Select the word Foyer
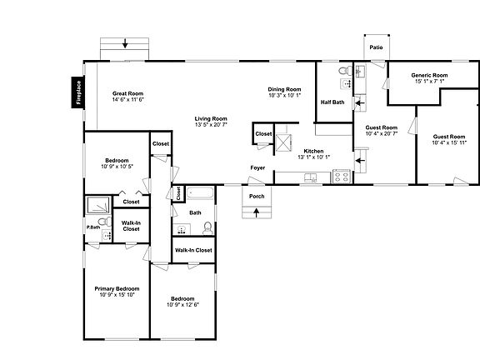tap(258, 168)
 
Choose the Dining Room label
tap(284, 89)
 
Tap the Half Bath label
tap(332, 102)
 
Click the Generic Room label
tap(429, 76)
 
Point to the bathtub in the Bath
tap(201, 195)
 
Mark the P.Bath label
tap(93, 227)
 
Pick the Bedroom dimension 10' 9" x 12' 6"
tap(182, 304)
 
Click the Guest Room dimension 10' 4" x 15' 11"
tap(448, 142)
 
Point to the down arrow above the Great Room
tap(124, 43)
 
